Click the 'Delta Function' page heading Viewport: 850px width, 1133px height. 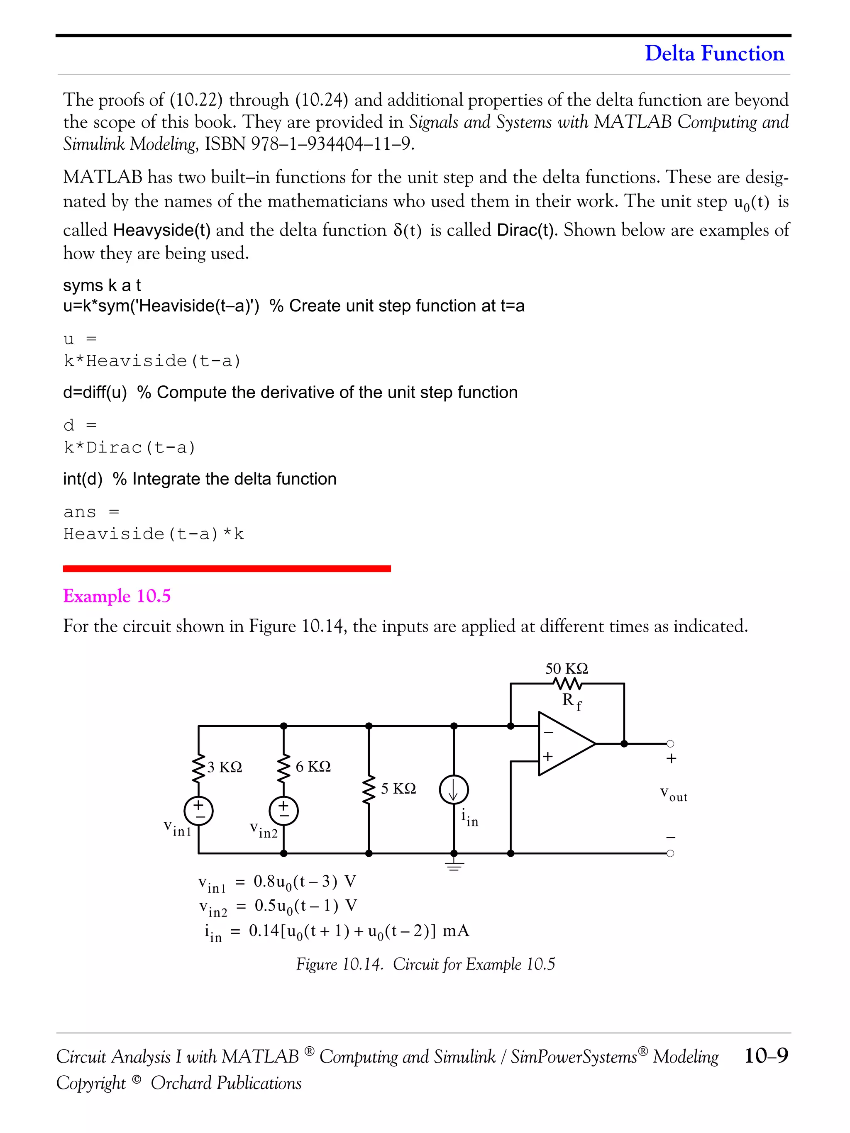[714, 53]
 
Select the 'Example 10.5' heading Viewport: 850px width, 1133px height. [117, 596]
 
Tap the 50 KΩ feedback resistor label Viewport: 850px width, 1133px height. [566, 668]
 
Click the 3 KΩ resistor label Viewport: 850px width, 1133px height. [225, 767]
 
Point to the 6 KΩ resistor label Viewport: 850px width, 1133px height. [313, 766]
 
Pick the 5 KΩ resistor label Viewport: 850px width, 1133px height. [398, 788]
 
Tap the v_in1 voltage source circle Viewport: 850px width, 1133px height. [198, 811]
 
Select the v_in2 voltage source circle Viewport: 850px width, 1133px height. [283, 811]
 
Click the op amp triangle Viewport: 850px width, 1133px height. [564, 744]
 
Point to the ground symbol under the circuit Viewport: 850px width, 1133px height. [454, 866]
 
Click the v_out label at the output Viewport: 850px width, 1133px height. [673, 794]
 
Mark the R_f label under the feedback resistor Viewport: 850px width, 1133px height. [571, 701]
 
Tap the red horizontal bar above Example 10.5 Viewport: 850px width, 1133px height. [227, 568]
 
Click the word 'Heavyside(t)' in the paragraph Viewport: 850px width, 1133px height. [162, 230]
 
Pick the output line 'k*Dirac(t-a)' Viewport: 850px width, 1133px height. [129, 448]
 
